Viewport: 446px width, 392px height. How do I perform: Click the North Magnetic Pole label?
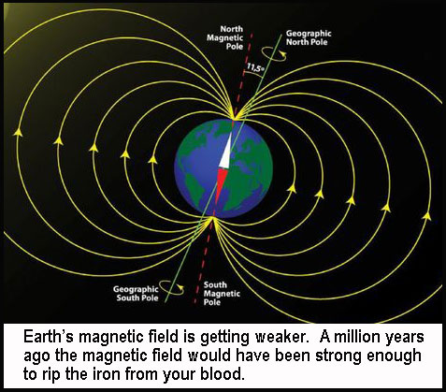(x=224, y=37)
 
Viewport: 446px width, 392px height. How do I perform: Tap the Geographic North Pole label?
(x=309, y=37)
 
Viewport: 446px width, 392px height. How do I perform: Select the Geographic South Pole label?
(x=136, y=294)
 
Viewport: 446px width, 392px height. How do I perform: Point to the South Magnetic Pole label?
(x=222, y=294)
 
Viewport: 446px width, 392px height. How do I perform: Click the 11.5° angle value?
(x=255, y=67)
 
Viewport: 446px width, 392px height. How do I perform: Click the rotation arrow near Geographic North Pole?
(x=274, y=53)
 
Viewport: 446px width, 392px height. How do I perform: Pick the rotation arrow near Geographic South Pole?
(x=171, y=287)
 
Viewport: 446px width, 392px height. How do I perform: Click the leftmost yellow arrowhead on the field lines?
(x=18, y=132)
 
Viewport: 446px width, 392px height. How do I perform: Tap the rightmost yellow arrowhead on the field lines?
(x=426, y=216)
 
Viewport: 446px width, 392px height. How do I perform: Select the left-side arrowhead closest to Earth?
(x=152, y=160)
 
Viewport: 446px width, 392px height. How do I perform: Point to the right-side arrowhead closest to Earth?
(x=292, y=188)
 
